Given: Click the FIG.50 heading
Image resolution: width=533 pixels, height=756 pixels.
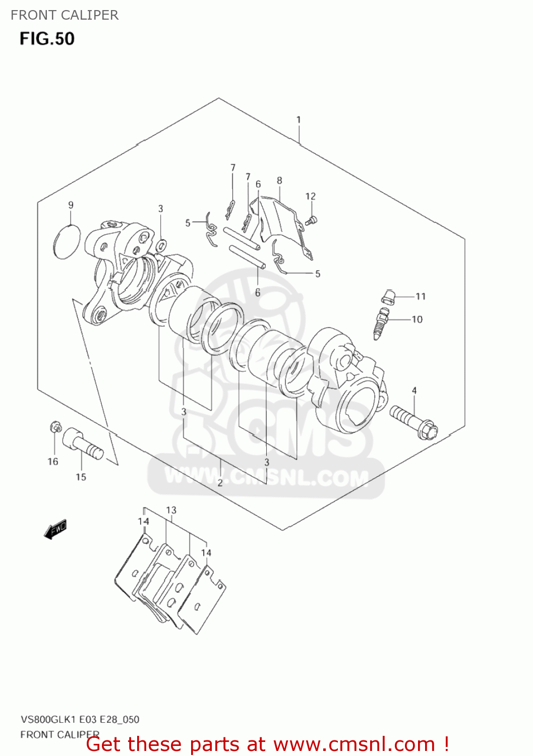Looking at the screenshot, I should click(x=47, y=39).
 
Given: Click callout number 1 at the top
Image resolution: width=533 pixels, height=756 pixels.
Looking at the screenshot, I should click(x=299, y=119).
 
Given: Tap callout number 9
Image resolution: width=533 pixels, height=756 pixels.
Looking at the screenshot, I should click(x=71, y=205).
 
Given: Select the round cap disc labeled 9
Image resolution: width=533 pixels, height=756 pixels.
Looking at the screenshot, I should click(x=67, y=242).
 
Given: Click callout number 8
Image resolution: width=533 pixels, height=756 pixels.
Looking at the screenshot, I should click(x=279, y=180).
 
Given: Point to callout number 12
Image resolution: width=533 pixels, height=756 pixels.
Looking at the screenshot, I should click(x=310, y=196).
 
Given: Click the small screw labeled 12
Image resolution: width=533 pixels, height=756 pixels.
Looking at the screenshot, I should click(x=311, y=220).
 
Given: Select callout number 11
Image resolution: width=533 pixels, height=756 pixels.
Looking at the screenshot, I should click(x=421, y=296).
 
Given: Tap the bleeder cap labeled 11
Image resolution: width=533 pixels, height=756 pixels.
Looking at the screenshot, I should click(x=387, y=297).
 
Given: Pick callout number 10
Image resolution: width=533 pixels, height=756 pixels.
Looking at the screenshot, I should click(x=417, y=319).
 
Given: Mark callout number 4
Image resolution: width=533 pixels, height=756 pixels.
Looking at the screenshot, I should click(x=414, y=390).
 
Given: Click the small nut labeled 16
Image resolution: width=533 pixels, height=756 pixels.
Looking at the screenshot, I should click(x=55, y=427).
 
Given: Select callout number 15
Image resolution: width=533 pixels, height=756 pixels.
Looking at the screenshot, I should click(x=81, y=477).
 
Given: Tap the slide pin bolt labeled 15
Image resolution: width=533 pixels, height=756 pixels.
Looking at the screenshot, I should click(x=82, y=444).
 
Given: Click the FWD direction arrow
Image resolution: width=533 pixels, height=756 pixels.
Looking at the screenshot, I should click(x=55, y=530).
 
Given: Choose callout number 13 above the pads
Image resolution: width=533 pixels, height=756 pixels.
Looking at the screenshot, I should click(x=171, y=510).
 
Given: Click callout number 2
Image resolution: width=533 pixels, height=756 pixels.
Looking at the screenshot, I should click(x=220, y=482).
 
